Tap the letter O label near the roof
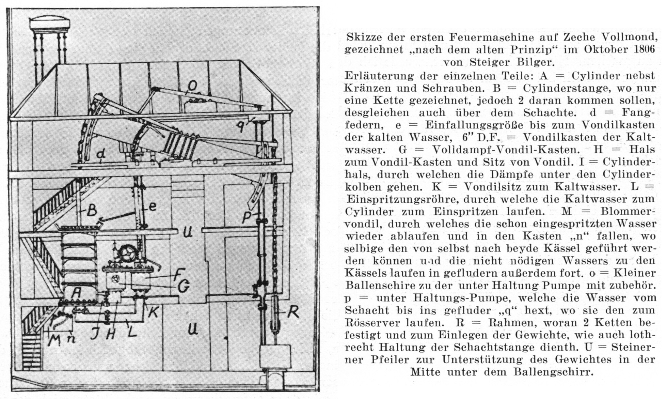192,86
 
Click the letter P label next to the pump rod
248,217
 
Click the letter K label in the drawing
153,311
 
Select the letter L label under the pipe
132,330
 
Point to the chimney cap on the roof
50,24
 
